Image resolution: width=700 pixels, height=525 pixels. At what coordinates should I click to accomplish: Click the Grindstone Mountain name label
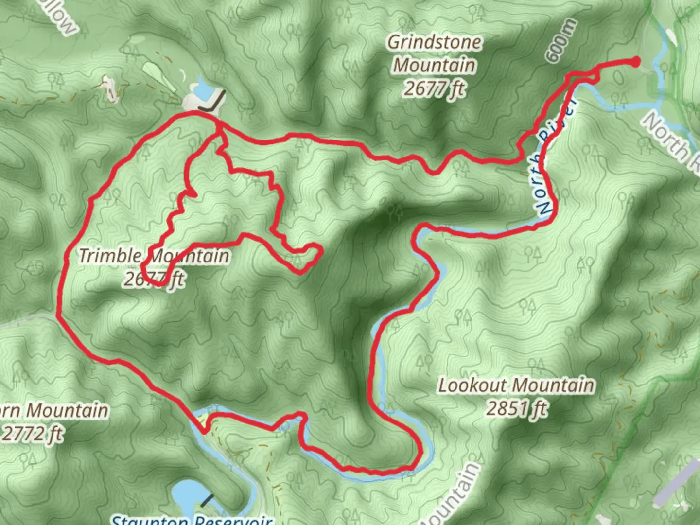pos(434,53)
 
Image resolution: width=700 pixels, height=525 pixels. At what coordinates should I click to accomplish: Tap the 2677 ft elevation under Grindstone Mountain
pos(434,88)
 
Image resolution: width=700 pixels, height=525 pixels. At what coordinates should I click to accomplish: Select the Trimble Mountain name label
pos(154,256)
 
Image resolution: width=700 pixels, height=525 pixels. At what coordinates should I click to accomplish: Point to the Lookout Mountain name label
pos(516,385)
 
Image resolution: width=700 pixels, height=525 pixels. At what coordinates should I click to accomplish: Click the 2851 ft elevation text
pos(516,408)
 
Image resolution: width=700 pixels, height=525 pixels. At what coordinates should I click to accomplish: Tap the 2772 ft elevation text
pos(32,433)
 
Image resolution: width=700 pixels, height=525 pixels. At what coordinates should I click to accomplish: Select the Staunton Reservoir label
pos(191,519)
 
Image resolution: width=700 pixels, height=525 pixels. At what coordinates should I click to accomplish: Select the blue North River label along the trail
pos(554,160)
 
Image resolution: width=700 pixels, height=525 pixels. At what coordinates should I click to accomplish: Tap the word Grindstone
pos(434,42)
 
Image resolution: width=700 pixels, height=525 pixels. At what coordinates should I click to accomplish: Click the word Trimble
pos(110,256)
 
